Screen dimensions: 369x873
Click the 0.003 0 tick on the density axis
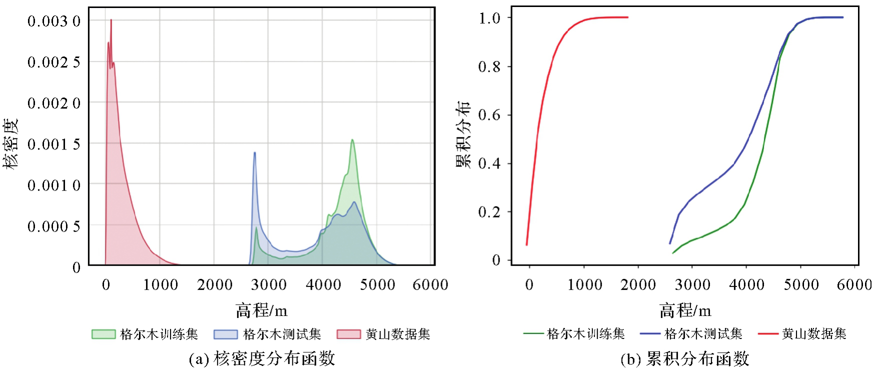point(54,21)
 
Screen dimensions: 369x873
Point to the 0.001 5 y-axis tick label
point(54,144)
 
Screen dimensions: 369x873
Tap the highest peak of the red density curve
point(111,20)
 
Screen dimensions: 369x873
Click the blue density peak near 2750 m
point(254,152)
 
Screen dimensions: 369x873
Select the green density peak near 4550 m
point(352,140)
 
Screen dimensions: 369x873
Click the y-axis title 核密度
point(11,143)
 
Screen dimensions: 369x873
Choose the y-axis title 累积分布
point(463,134)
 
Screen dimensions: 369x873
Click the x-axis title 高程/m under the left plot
point(261,310)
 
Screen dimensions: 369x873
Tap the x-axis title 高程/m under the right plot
point(685,310)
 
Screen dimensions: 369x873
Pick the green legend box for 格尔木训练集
point(103,334)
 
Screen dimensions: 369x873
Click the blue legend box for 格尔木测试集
point(225,334)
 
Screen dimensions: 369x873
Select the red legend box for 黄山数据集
point(348,334)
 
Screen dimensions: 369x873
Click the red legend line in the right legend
point(768,333)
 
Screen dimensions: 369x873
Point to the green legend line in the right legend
point(533,333)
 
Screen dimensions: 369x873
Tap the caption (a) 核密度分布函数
point(261,358)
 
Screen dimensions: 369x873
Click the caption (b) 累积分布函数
point(684,358)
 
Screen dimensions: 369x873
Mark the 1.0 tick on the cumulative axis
point(489,18)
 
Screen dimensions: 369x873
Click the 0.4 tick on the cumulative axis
point(489,163)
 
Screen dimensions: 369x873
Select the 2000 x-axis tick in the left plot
point(214,285)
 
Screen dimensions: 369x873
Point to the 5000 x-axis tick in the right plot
point(801,285)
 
